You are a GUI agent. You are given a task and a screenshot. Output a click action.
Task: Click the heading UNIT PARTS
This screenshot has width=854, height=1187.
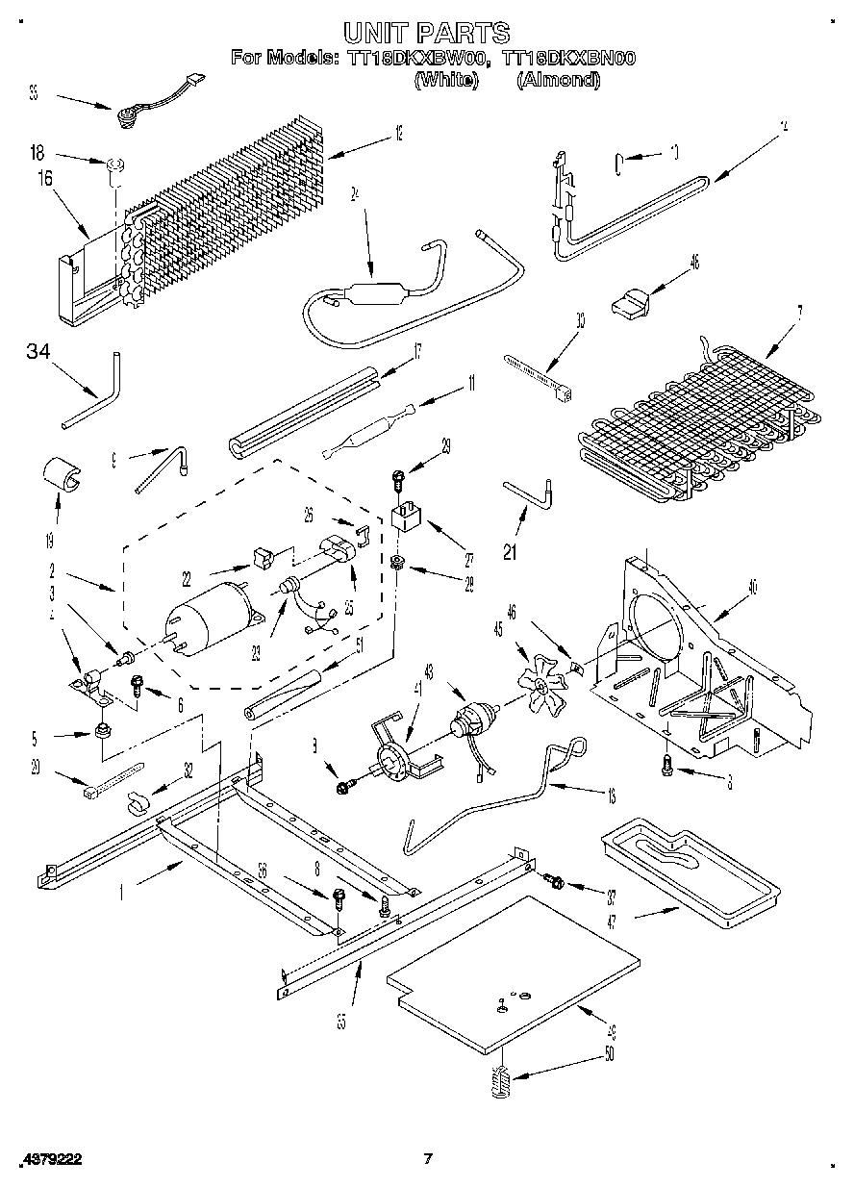[x=427, y=36]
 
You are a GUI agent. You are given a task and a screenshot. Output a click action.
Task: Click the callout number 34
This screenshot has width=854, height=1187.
[x=38, y=352]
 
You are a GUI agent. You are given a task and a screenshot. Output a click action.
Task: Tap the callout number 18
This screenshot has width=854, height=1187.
[x=38, y=152]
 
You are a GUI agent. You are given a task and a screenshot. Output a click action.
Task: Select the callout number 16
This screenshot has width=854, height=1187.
[x=44, y=177]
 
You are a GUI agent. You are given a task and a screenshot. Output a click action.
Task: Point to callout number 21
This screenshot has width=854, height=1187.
[x=510, y=551]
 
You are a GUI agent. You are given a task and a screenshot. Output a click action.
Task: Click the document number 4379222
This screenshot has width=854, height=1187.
[x=49, y=1160]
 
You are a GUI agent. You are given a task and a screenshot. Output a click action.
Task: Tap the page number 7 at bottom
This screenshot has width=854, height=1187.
[x=428, y=1159]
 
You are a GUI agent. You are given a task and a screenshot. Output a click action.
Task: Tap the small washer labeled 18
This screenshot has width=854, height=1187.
[x=114, y=167]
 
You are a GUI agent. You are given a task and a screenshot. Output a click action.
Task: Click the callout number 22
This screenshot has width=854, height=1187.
[x=187, y=578]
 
